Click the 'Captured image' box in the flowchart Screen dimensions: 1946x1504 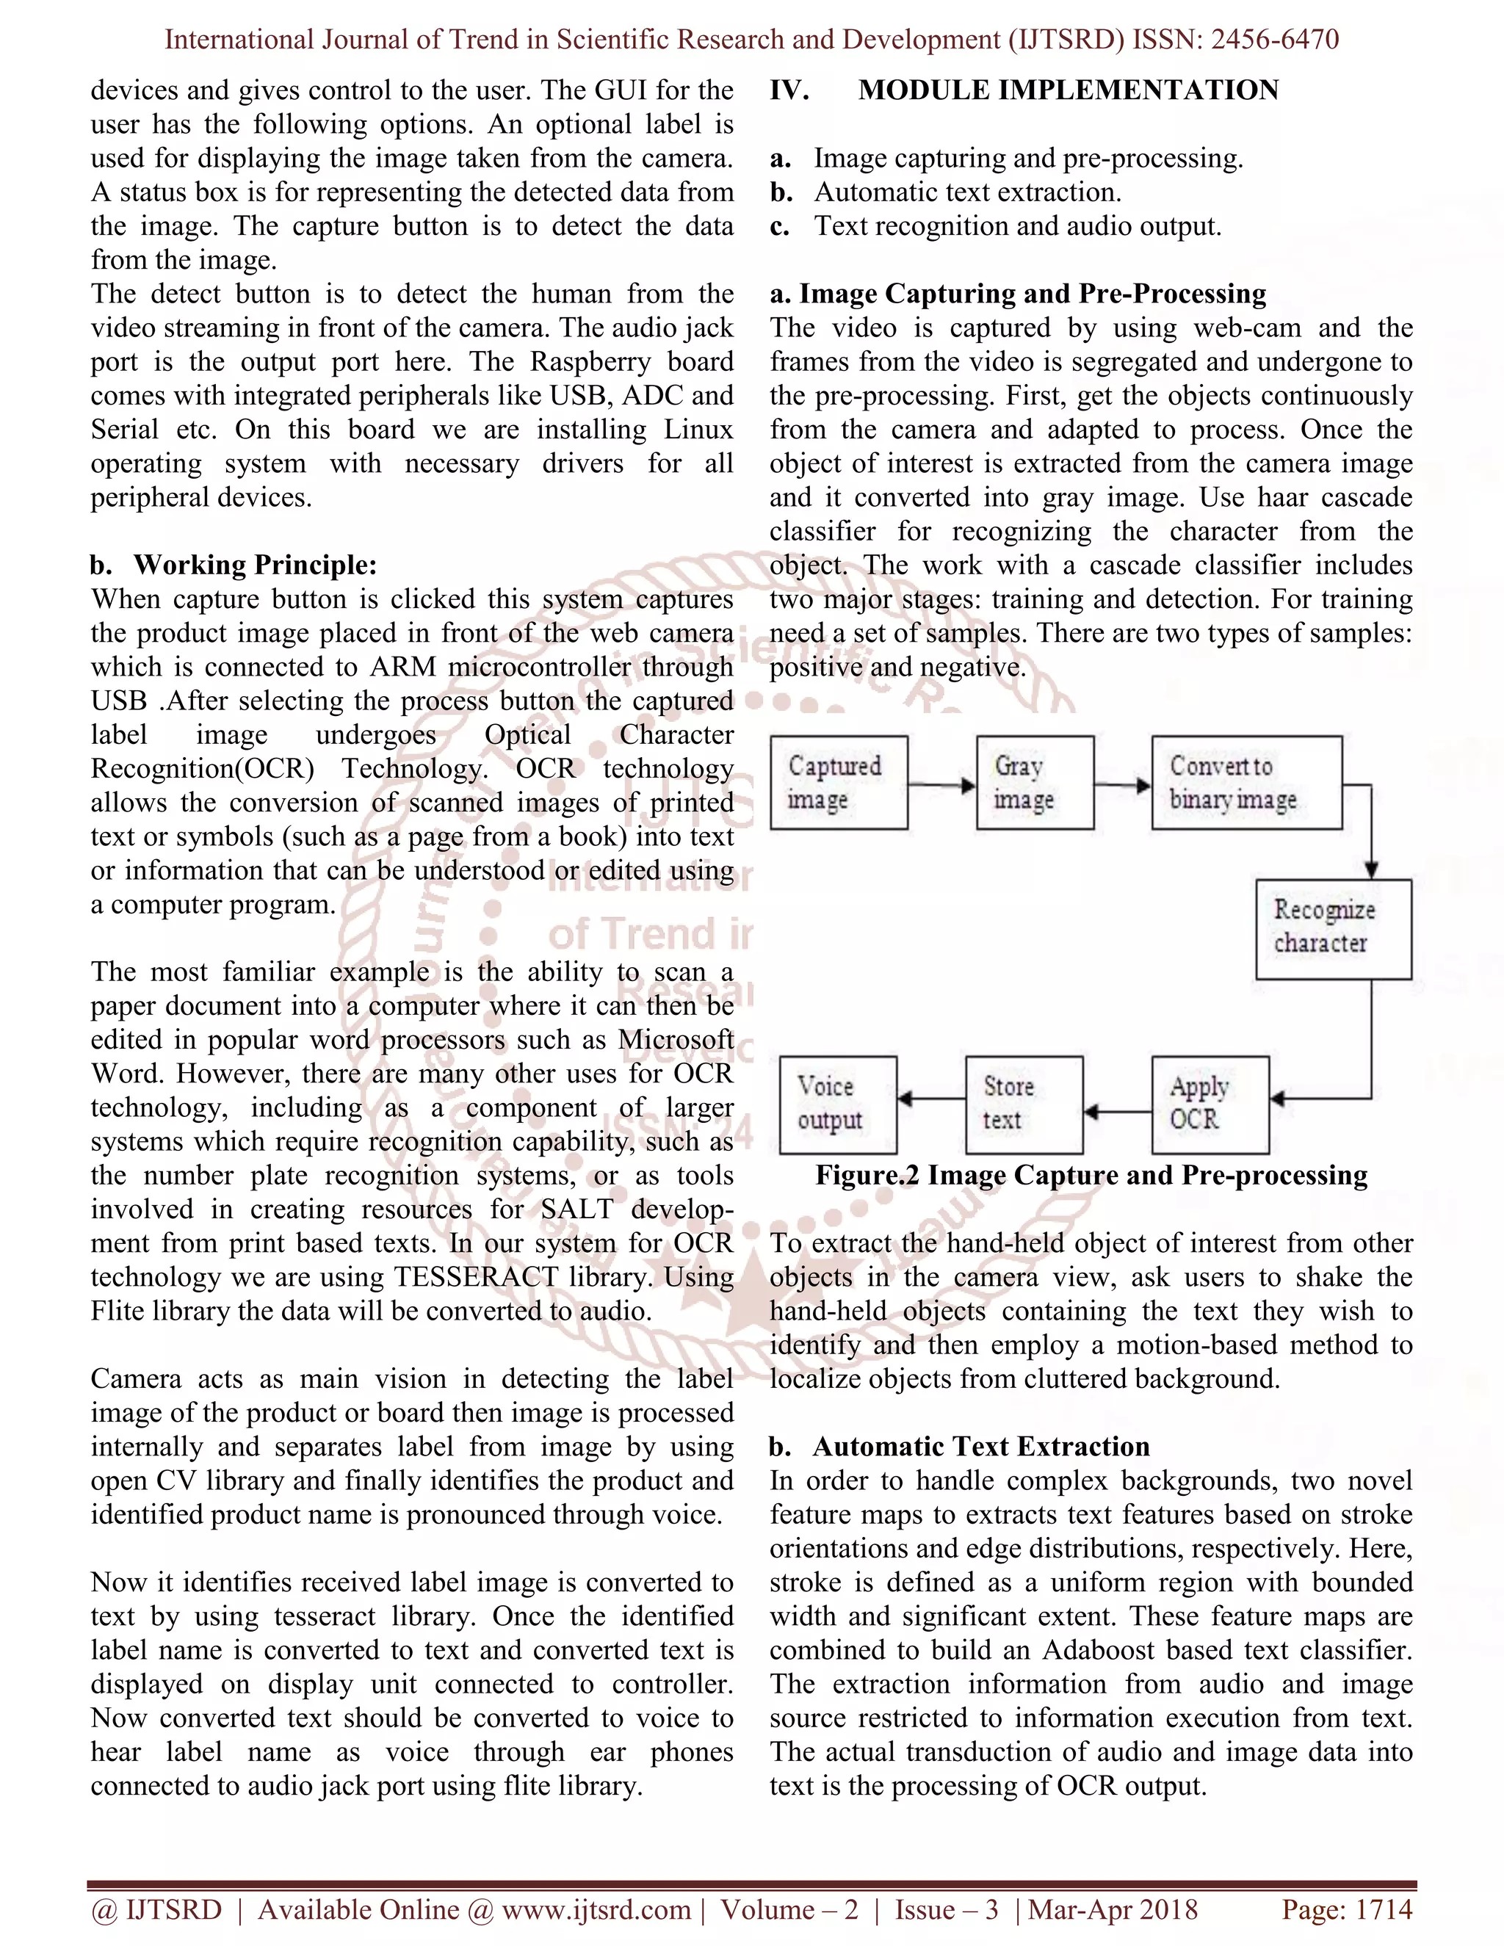click(839, 782)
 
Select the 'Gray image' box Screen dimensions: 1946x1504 click(1035, 782)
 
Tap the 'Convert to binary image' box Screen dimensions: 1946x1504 click(1245, 782)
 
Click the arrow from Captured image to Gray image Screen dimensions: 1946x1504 click(941, 785)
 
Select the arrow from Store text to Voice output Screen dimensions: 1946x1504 click(931, 1099)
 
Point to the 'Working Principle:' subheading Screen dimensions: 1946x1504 click(255, 565)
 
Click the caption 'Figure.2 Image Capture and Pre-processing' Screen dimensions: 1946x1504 click(1091, 1175)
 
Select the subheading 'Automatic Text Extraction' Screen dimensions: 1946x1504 click(980, 1446)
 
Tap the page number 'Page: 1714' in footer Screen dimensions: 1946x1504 click(1346, 1909)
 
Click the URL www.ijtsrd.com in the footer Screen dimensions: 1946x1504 click(596, 1909)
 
